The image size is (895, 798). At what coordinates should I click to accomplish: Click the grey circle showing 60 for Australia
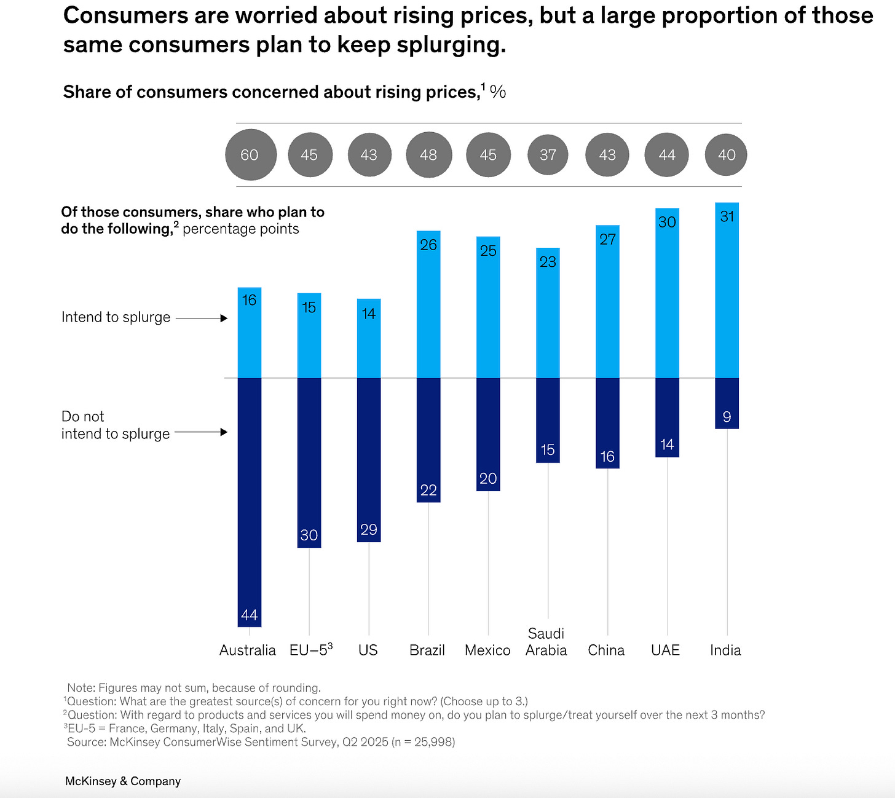[x=250, y=155]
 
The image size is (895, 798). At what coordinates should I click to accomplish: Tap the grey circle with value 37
[x=548, y=155]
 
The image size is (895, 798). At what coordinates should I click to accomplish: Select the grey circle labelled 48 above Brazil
[x=428, y=155]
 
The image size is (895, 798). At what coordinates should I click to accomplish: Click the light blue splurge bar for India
[x=727, y=295]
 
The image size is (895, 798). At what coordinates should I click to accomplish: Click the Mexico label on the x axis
[x=487, y=650]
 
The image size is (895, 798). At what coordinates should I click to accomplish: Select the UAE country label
[x=665, y=650]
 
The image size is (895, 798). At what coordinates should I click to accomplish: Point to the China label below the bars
[x=606, y=650]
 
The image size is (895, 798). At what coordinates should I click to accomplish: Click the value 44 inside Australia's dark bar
[x=249, y=615]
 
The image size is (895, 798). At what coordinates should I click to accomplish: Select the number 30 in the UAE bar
[x=667, y=222]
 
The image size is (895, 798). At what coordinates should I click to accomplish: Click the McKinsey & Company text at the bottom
[x=123, y=781]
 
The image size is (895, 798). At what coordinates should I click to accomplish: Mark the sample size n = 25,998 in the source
[x=424, y=742]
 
